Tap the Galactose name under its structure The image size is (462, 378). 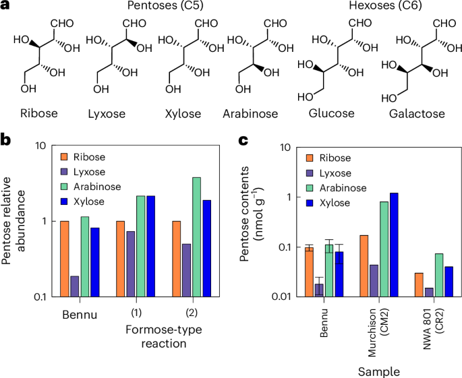[417, 114]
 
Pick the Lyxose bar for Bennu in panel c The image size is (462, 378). [319, 290]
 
